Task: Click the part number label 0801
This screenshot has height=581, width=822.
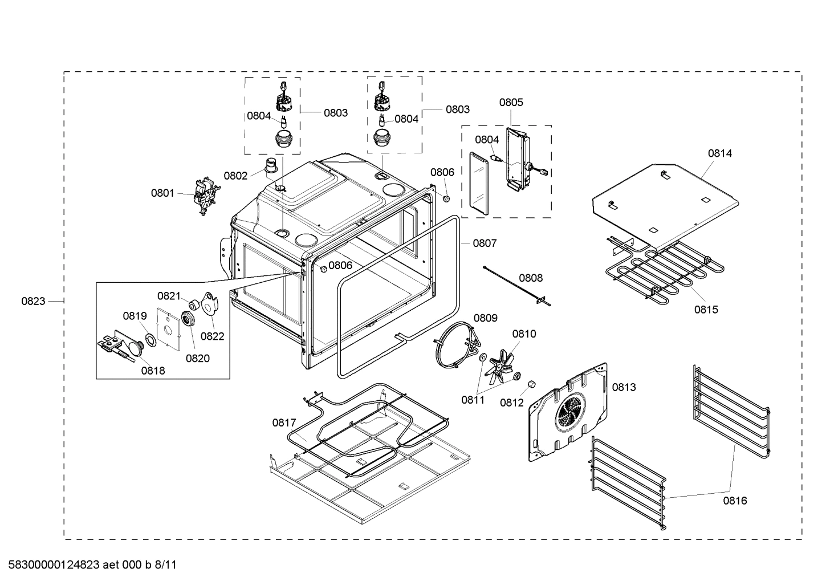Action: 162,193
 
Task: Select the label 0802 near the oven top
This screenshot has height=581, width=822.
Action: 235,176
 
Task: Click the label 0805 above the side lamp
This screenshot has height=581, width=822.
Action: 511,103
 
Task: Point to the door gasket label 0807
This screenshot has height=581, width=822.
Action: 485,243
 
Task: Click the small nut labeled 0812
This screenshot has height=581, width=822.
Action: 531,384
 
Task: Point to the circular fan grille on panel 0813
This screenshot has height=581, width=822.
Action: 571,410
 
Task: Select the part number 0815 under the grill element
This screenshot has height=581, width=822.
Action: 706,310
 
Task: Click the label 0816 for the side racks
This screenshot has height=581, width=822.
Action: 735,501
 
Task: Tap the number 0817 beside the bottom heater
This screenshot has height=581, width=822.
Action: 284,422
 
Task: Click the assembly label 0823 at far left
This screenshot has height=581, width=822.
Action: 33,301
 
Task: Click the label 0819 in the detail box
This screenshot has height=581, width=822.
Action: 135,316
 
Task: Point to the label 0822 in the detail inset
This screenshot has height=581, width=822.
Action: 212,336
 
